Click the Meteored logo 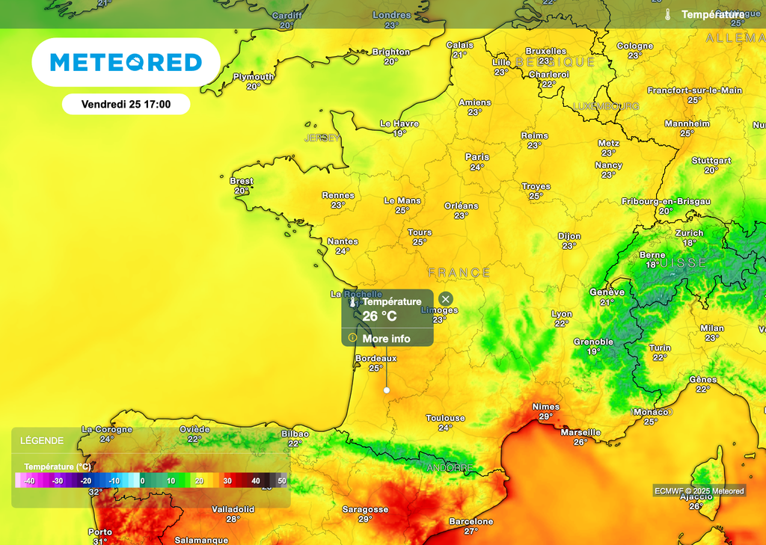tap(126, 62)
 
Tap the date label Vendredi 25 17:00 tap(126, 105)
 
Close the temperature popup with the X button tap(446, 299)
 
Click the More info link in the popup tap(386, 339)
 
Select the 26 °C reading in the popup tap(380, 316)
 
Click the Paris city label tap(477, 157)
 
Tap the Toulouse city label tap(445, 418)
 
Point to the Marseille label tap(580, 432)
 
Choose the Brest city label tap(242, 181)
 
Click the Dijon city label tap(569, 236)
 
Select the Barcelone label tap(471, 521)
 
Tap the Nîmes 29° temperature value tap(546, 416)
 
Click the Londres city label tap(391, 15)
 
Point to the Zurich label tap(689, 233)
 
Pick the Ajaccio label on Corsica tap(696, 496)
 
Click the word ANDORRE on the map tap(450, 468)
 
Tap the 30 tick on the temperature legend tap(227, 481)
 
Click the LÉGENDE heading tap(42, 441)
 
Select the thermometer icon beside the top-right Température tap(668, 14)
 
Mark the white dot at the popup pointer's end tap(386, 390)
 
